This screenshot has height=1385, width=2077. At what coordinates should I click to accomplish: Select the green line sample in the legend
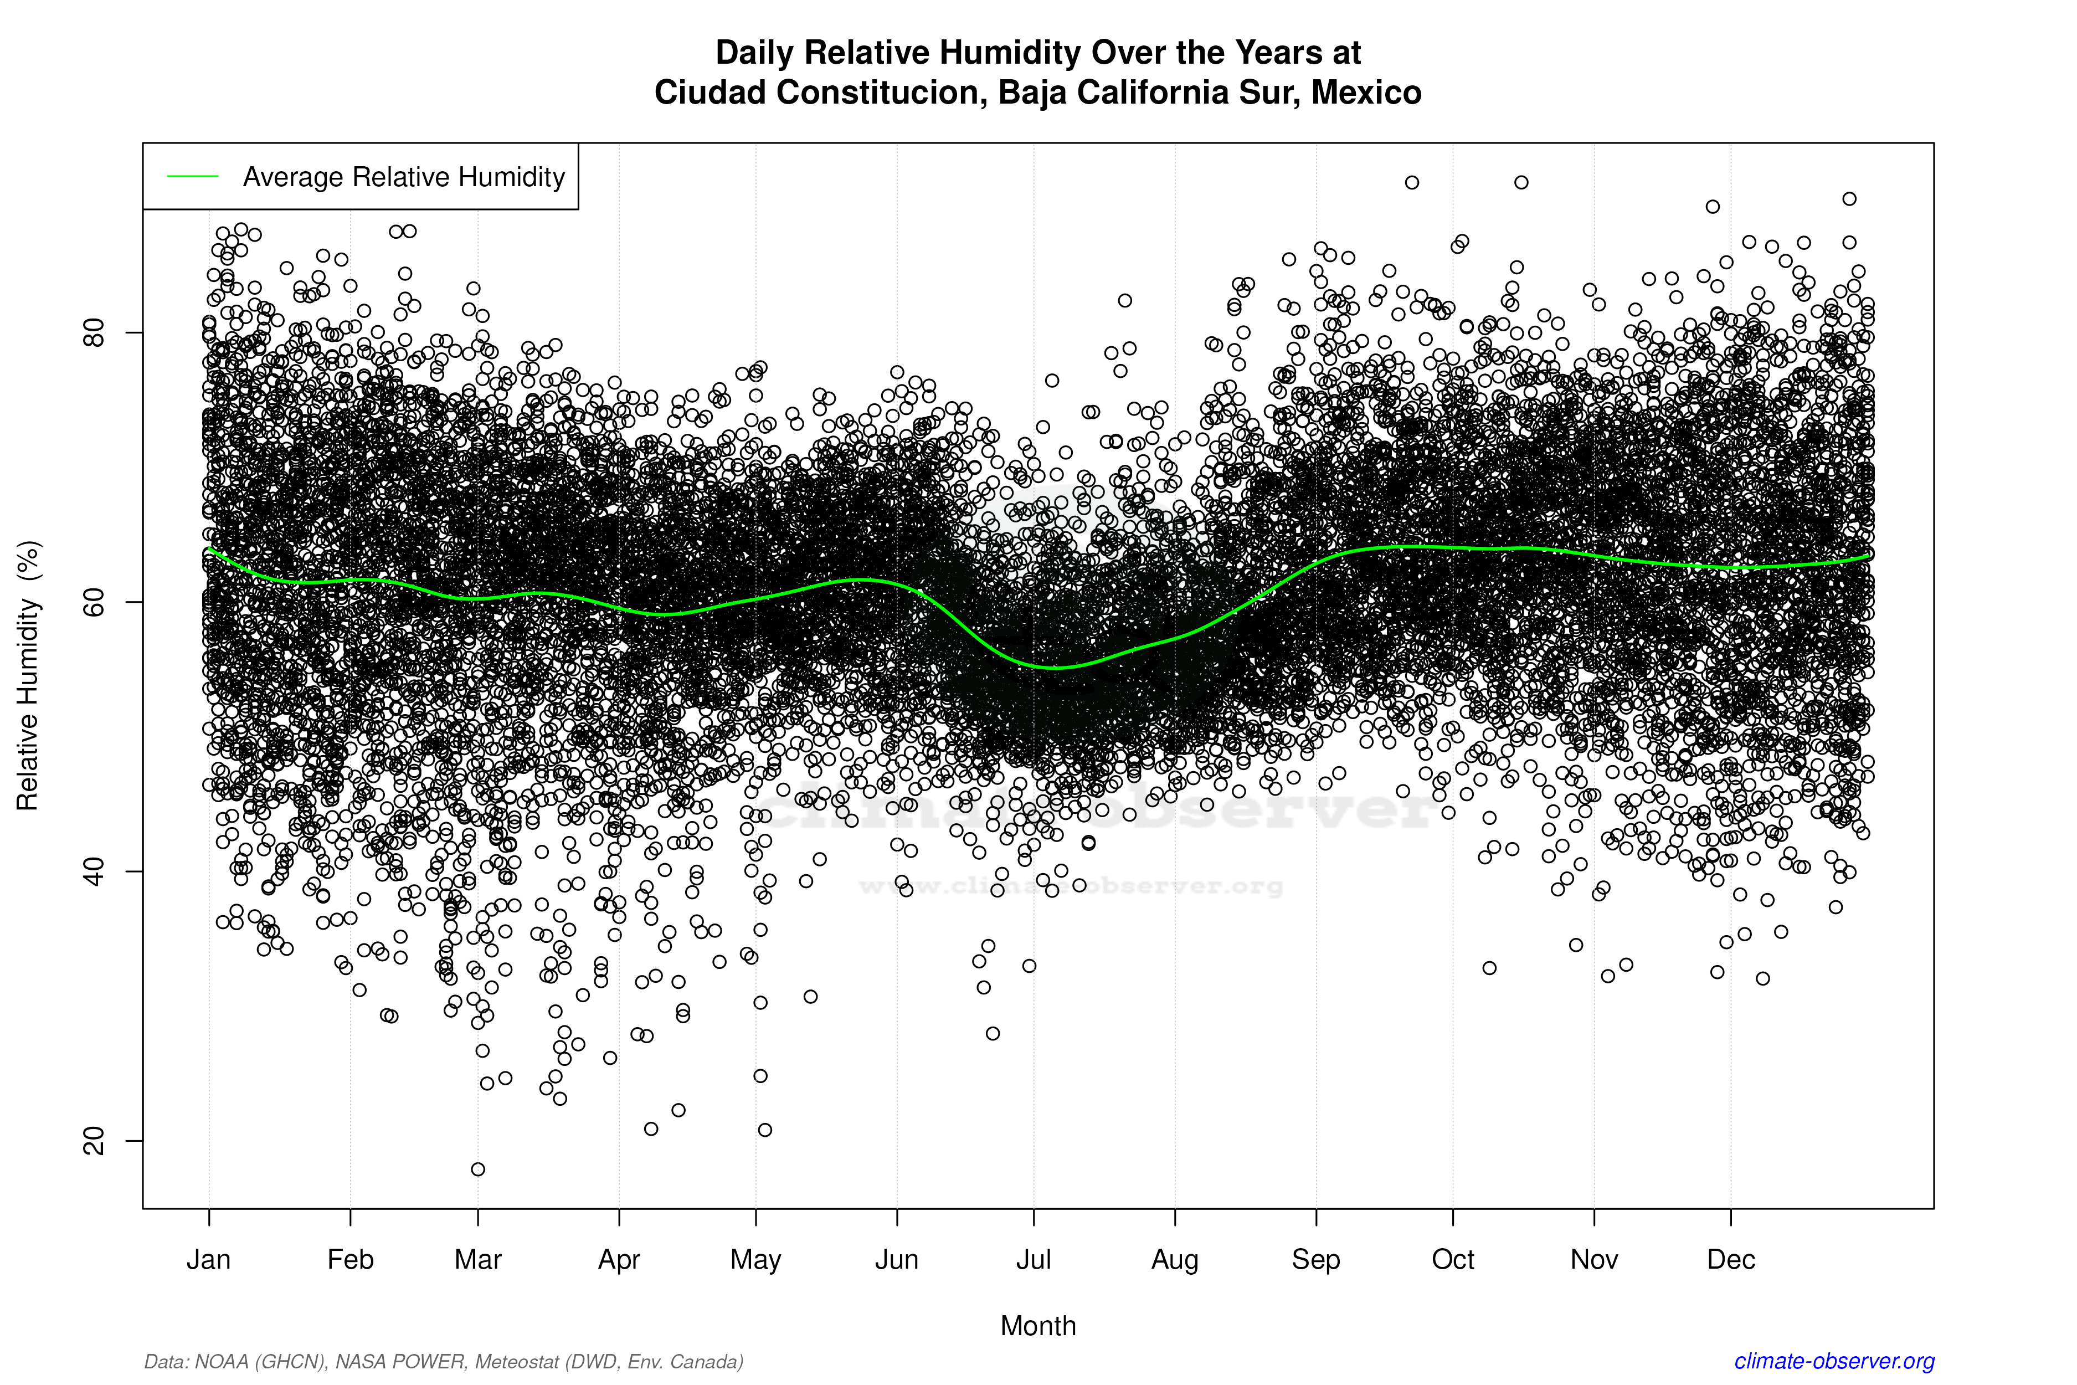coord(193,177)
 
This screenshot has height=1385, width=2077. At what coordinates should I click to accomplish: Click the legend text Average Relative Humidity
coord(404,177)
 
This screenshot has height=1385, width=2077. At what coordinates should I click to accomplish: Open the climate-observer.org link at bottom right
coord(1834,1361)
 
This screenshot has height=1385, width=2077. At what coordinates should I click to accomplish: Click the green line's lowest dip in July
coord(1055,667)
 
